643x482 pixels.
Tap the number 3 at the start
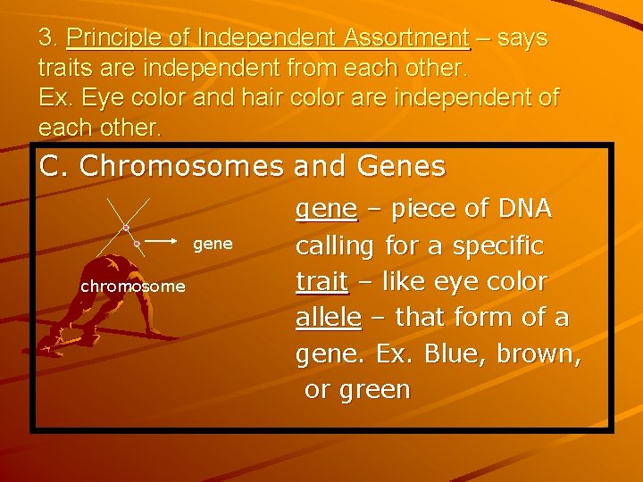(46, 38)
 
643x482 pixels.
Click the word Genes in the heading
(401, 166)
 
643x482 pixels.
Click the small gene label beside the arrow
(213, 244)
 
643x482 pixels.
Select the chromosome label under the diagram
(133, 287)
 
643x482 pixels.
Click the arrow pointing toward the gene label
(163, 241)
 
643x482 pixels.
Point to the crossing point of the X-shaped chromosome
(127, 228)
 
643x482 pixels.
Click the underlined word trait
(321, 281)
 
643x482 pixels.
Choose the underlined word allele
(329, 317)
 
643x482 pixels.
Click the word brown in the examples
(539, 354)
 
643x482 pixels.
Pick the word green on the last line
(370, 390)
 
